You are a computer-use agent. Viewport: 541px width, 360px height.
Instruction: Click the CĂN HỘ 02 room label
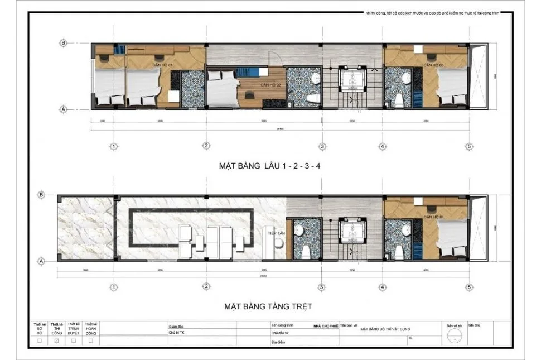coord(269,85)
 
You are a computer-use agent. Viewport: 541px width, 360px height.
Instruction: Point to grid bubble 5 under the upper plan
coord(470,146)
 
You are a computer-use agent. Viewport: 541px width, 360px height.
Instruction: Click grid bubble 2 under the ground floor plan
coord(206,287)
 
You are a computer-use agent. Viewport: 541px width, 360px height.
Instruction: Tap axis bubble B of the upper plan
coord(64,43)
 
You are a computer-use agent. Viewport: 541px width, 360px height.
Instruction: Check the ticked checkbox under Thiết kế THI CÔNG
coord(56,340)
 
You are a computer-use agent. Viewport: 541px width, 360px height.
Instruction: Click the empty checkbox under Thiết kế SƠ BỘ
coord(39,340)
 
